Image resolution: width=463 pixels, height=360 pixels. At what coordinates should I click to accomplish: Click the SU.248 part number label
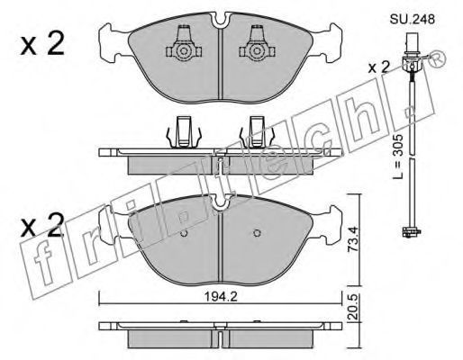412,19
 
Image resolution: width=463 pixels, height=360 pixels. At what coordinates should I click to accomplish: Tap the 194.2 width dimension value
221,297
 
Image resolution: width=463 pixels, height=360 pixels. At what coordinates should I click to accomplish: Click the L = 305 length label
398,157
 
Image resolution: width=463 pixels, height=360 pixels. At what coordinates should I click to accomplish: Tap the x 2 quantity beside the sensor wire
379,67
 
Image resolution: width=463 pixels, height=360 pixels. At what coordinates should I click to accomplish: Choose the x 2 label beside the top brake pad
42,44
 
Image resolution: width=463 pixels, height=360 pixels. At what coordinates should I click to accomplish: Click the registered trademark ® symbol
437,58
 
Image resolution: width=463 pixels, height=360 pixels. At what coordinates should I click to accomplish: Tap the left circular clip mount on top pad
183,51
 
